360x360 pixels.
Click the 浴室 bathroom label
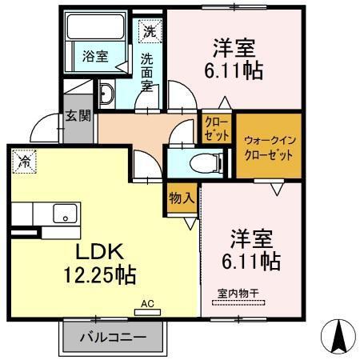pos(96,57)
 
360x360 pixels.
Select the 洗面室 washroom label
pos(148,71)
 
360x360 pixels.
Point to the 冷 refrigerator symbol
pos(25,161)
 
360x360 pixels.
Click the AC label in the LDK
pos(147,304)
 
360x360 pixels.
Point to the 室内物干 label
pos(239,293)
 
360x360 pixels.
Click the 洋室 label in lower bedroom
pos(253,238)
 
